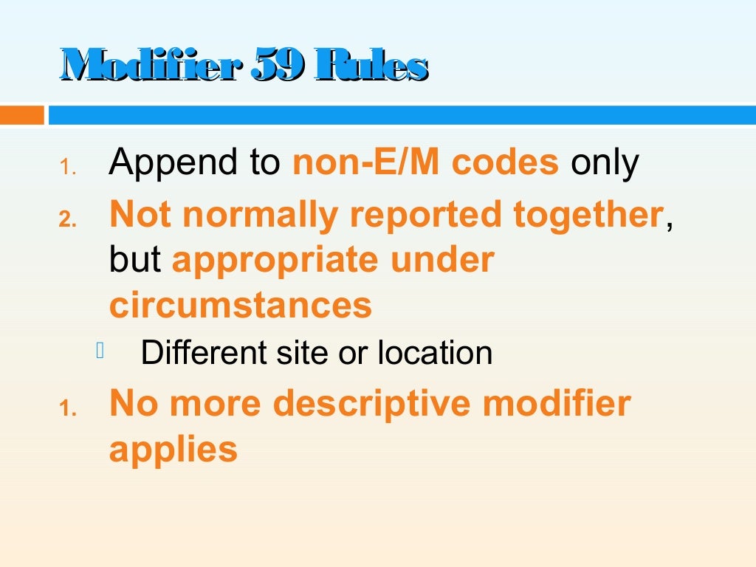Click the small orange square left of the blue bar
[x=21, y=115]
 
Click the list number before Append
[x=68, y=168]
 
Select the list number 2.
[x=68, y=220]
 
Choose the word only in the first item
[x=604, y=163]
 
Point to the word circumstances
[x=240, y=305]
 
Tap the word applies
[x=173, y=449]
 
